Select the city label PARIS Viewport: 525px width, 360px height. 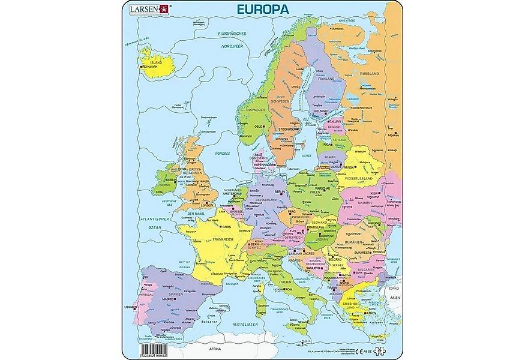[x=227, y=227]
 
